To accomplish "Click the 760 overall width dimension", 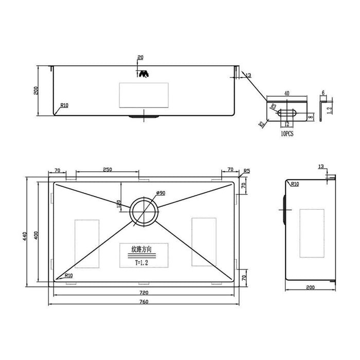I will click(143, 301).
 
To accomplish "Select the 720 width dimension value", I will click(143, 291).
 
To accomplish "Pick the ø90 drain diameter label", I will click(159, 193).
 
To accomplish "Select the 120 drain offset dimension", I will click(119, 204).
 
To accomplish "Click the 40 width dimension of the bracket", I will click(286, 94).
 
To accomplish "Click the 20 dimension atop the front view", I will click(140, 58).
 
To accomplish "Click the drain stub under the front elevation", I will click(143, 117).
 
